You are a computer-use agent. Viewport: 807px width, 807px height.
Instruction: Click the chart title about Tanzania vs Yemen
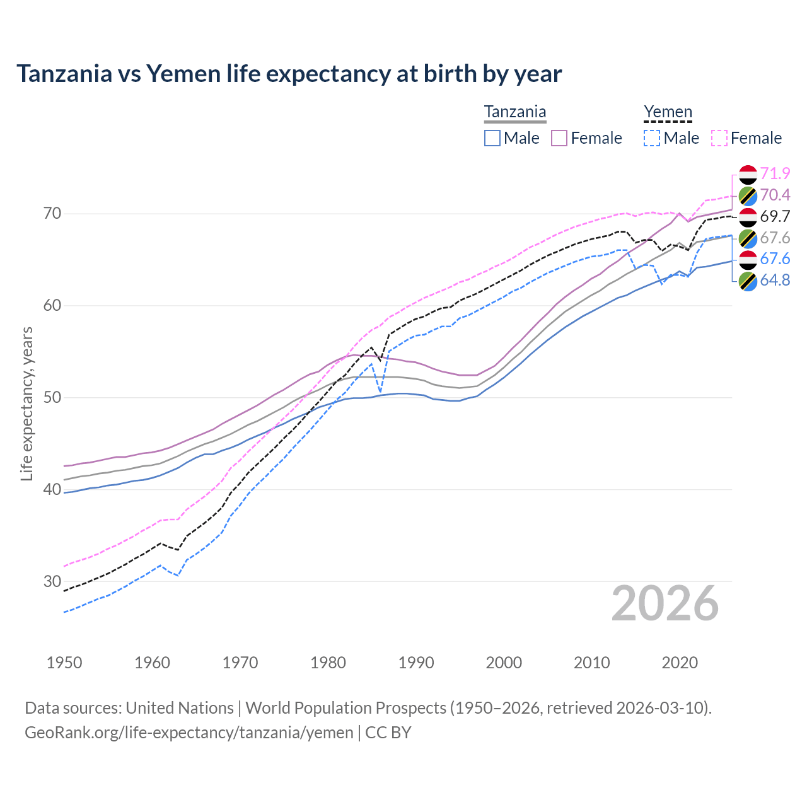point(289,74)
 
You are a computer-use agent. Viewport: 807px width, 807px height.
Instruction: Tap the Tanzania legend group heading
point(515,112)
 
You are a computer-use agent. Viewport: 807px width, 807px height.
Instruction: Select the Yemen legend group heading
point(668,112)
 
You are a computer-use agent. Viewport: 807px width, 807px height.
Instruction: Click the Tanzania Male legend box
point(492,138)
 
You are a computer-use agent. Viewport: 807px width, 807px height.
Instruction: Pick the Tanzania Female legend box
point(559,138)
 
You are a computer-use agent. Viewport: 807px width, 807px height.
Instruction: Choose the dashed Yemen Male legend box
point(652,138)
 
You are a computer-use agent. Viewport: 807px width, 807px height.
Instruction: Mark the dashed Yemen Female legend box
point(719,138)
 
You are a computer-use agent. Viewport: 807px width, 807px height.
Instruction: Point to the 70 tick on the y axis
point(52,214)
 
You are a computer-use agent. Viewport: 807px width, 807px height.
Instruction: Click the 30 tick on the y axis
point(52,581)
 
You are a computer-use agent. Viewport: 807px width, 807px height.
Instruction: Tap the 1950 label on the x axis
point(64,663)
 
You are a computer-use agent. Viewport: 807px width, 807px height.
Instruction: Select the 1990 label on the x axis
point(416,663)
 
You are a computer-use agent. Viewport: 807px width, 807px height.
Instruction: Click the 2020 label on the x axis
point(680,663)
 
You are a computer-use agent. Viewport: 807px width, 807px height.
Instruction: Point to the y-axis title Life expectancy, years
point(26,403)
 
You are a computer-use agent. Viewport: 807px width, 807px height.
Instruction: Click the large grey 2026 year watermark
point(665,603)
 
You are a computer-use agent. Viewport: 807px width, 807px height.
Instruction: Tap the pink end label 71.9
point(775,173)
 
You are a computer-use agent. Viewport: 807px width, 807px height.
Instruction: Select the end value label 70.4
point(775,195)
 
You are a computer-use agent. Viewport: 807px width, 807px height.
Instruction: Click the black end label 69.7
point(775,216)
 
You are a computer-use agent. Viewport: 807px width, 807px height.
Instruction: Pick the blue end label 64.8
point(775,280)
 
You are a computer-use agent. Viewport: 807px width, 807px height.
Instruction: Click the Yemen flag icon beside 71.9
point(748,174)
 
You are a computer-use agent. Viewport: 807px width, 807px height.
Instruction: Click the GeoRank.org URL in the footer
point(189,733)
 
